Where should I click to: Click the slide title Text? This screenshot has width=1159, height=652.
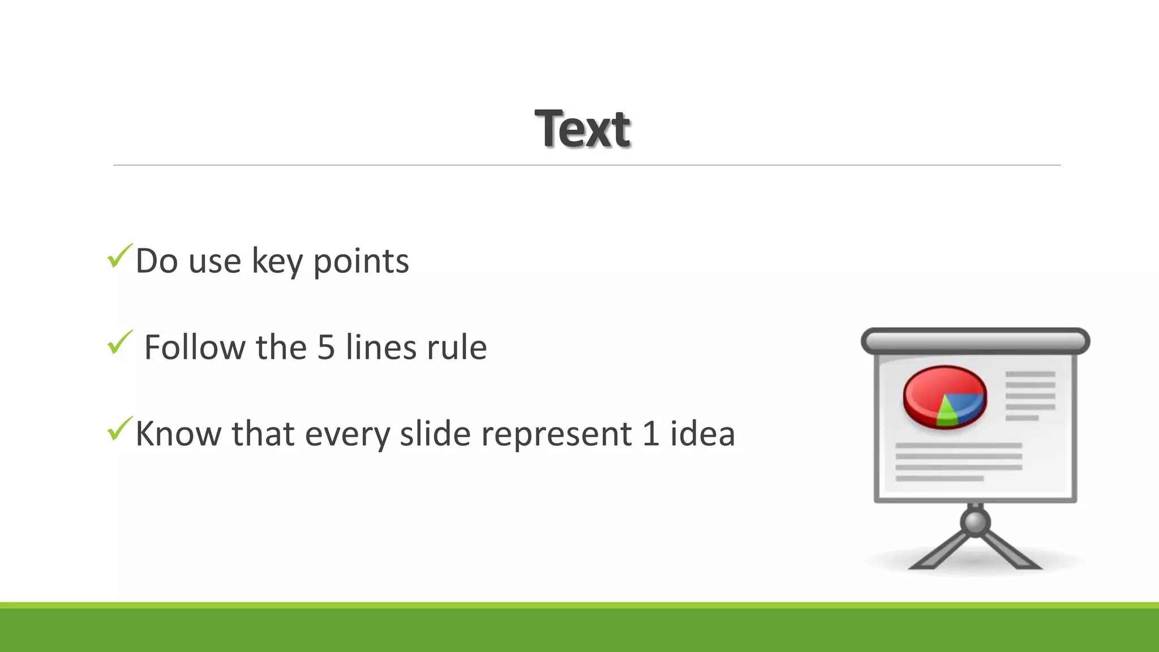[582, 129]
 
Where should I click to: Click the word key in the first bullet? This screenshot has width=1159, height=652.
[277, 261]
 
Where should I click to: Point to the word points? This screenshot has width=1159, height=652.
[360, 261]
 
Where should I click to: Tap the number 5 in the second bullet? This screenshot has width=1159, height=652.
[326, 348]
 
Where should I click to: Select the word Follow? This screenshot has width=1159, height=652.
[195, 348]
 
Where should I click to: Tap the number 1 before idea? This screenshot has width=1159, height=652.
[651, 434]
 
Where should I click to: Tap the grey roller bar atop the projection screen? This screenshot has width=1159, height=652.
[975, 341]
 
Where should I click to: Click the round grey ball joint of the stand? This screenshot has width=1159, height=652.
[975, 522]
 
